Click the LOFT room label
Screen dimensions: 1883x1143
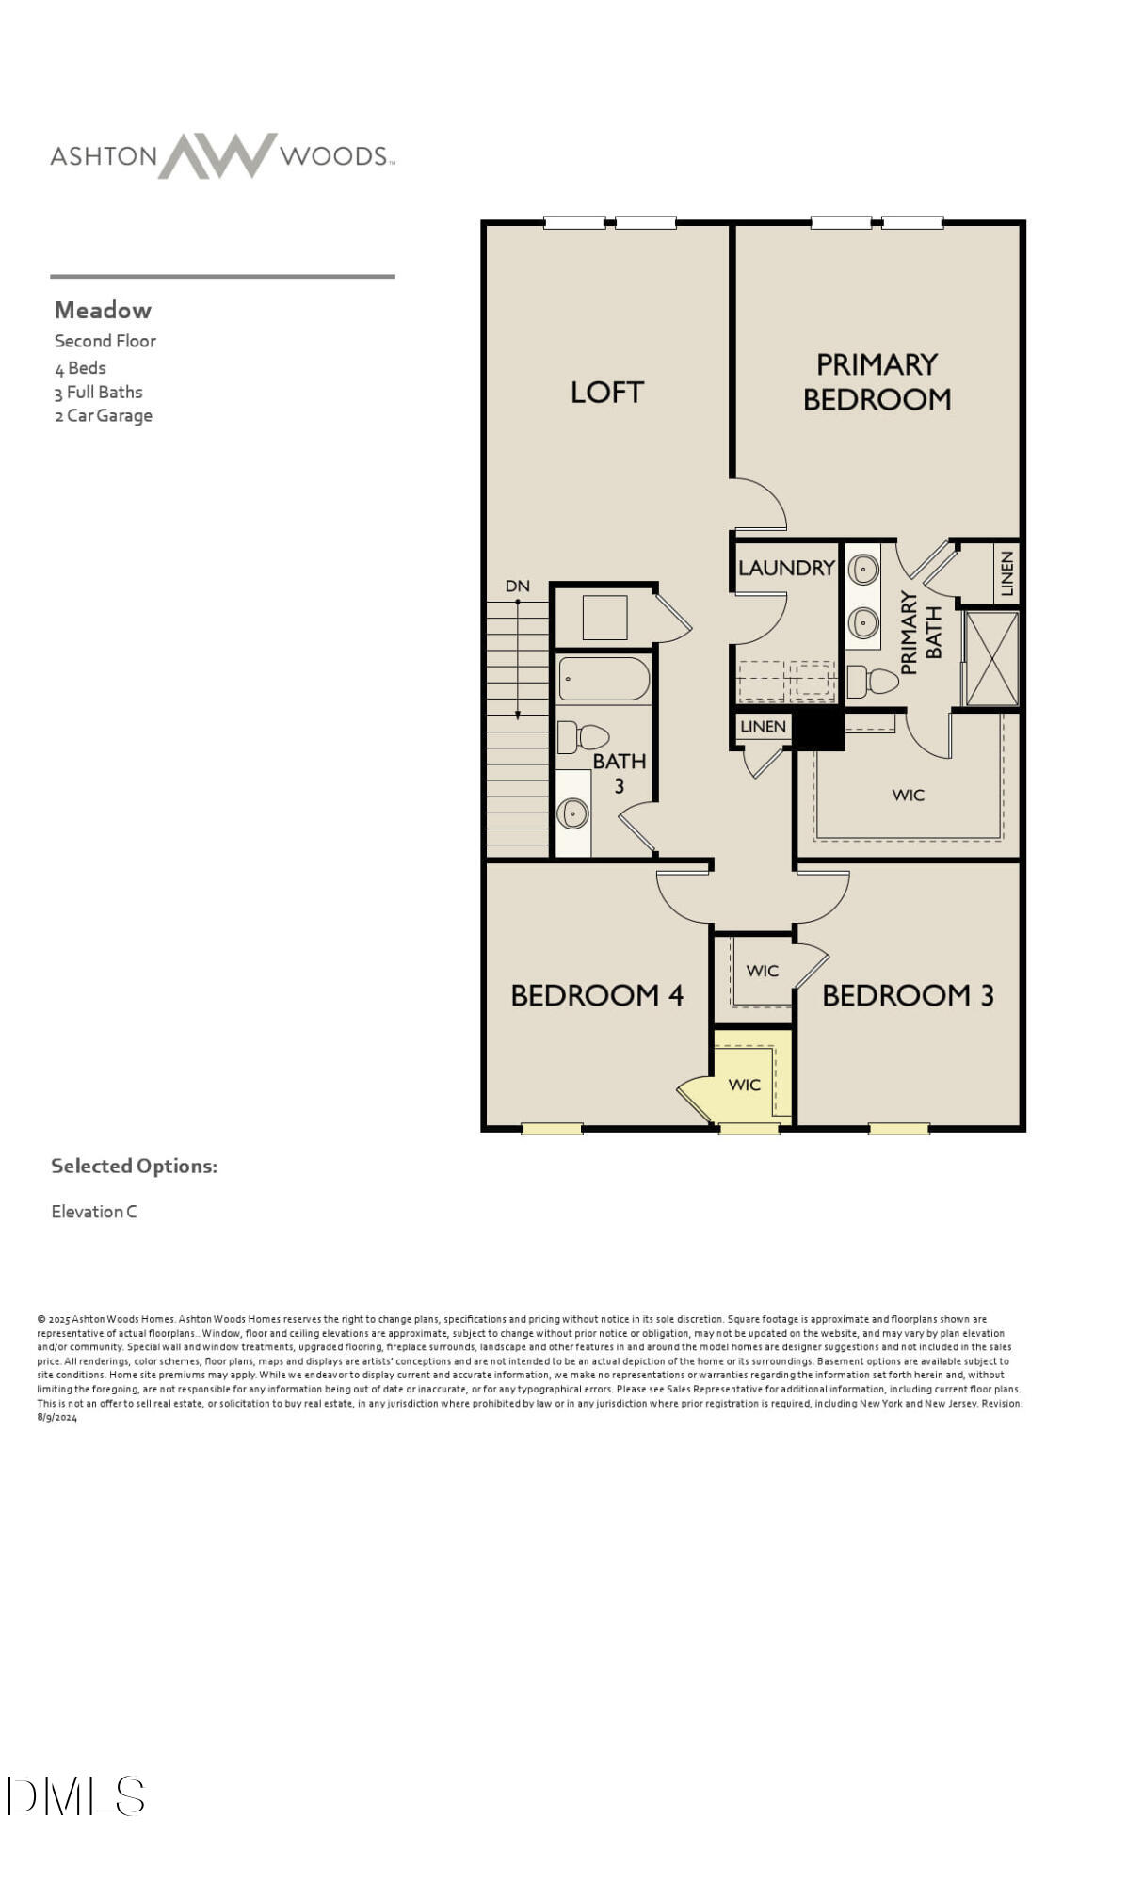click(606, 392)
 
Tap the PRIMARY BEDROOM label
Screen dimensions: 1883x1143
click(876, 381)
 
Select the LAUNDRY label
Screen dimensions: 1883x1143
click(785, 568)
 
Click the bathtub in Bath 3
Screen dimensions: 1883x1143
click(604, 678)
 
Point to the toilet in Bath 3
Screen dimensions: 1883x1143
click(581, 736)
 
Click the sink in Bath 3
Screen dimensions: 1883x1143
click(571, 813)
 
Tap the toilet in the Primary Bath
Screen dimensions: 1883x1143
click(872, 681)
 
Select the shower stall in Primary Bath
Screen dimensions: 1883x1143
click(991, 658)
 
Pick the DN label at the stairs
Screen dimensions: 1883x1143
click(517, 586)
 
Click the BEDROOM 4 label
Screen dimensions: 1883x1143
click(596, 995)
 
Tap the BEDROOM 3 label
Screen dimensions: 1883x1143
click(908, 995)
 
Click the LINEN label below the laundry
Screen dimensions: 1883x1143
click(763, 726)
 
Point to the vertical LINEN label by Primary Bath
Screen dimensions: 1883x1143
click(1006, 573)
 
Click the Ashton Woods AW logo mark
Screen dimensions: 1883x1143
click(217, 155)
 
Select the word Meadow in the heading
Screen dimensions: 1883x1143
click(103, 310)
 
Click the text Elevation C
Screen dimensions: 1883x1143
click(94, 1212)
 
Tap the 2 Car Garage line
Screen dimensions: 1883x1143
click(104, 415)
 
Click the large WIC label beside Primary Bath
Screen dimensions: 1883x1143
click(908, 795)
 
